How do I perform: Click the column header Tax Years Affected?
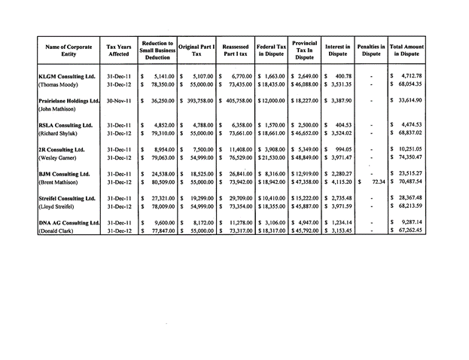pyautogui.click(x=119, y=50)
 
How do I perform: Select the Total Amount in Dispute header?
pyautogui.click(x=407, y=50)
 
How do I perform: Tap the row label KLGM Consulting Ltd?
pyautogui.click(x=66, y=76)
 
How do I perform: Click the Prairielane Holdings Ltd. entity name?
pyautogui.click(x=69, y=100)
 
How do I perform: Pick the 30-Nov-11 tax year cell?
pyautogui.click(x=120, y=100)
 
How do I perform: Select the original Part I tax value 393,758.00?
pyautogui.click(x=198, y=100)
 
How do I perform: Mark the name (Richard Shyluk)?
pyautogui.click(x=62, y=134)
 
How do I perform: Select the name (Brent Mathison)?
pyautogui.click(x=62, y=182)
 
